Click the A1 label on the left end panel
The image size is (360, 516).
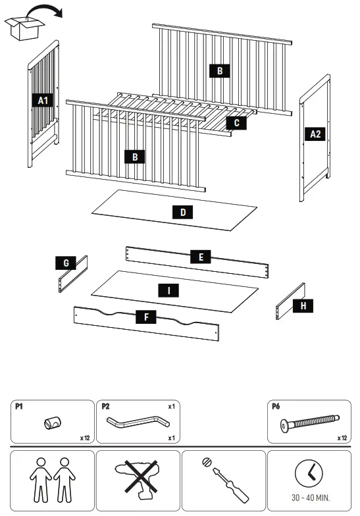[42, 100]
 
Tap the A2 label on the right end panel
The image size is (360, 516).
[316, 134]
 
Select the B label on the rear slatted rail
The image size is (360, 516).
[220, 71]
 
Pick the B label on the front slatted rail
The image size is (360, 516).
[134, 157]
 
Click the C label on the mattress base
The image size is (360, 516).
[236, 122]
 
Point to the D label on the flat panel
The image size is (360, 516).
[182, 212]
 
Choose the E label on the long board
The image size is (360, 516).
[201, 257]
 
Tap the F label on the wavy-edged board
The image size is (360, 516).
[145, 317]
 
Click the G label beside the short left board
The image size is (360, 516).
[66, 263]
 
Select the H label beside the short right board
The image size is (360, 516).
[303, 305]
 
